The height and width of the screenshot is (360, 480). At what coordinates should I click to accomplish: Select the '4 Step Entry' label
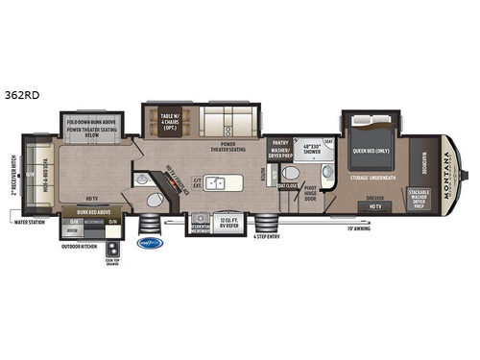click(x=267, y=235)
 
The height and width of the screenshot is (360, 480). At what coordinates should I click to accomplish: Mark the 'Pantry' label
click(x=279, y=141)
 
